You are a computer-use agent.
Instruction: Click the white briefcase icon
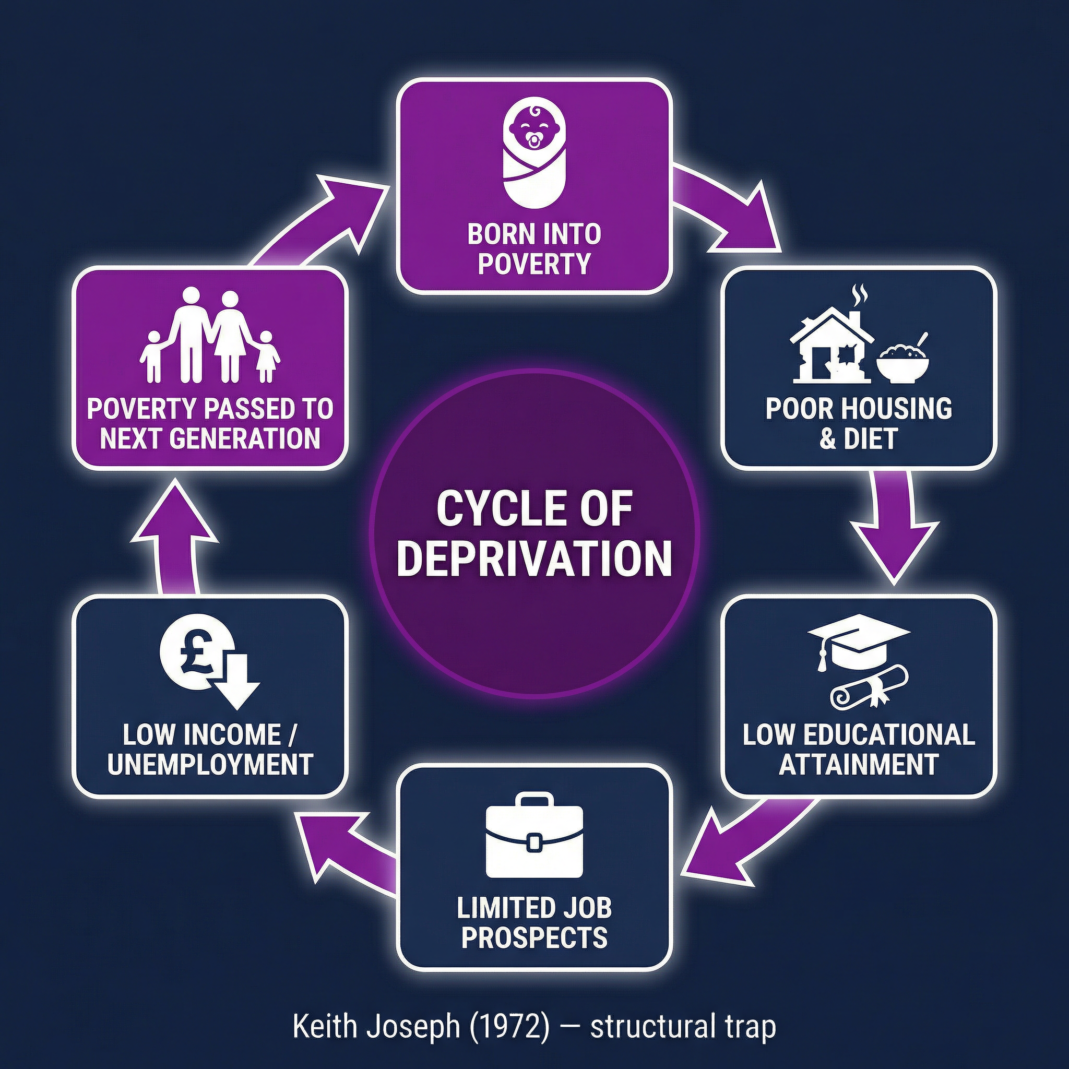click(x=533, y=836)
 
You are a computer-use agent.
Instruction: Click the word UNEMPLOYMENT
click(x=210, y=764)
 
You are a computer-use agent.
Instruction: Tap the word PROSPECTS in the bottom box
click(x=534, y=937)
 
